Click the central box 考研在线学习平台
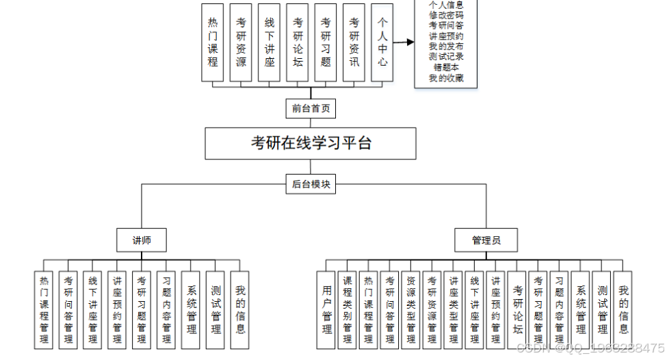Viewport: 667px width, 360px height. tap(311, 143)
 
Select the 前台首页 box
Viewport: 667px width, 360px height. tap(311, 108)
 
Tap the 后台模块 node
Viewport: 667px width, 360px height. tap(311, 184)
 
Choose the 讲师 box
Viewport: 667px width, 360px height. tap(142, 240)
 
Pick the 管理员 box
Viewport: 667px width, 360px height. tap(486, 240)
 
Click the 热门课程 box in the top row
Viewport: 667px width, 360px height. tap(213, 42)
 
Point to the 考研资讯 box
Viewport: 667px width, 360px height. tap(354, 42)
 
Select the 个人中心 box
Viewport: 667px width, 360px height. tap(382, 42)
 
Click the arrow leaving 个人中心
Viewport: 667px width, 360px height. tap(404, 42)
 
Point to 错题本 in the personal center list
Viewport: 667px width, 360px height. tap(445, 67)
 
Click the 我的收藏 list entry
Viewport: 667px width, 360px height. tap(445, 78)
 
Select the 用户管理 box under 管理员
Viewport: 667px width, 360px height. tap(327, 310)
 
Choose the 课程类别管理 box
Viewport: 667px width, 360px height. tap(348, 310)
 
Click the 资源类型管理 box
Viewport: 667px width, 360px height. tap(410, 310)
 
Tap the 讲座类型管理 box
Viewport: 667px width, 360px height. tap(453, 310)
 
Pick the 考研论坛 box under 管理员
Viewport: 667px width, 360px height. tap(518, 310)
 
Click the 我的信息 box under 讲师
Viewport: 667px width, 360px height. tap(240, 310)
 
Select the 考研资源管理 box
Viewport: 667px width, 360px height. tap(432, 310)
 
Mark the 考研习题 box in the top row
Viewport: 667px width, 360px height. tap(326, 42)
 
